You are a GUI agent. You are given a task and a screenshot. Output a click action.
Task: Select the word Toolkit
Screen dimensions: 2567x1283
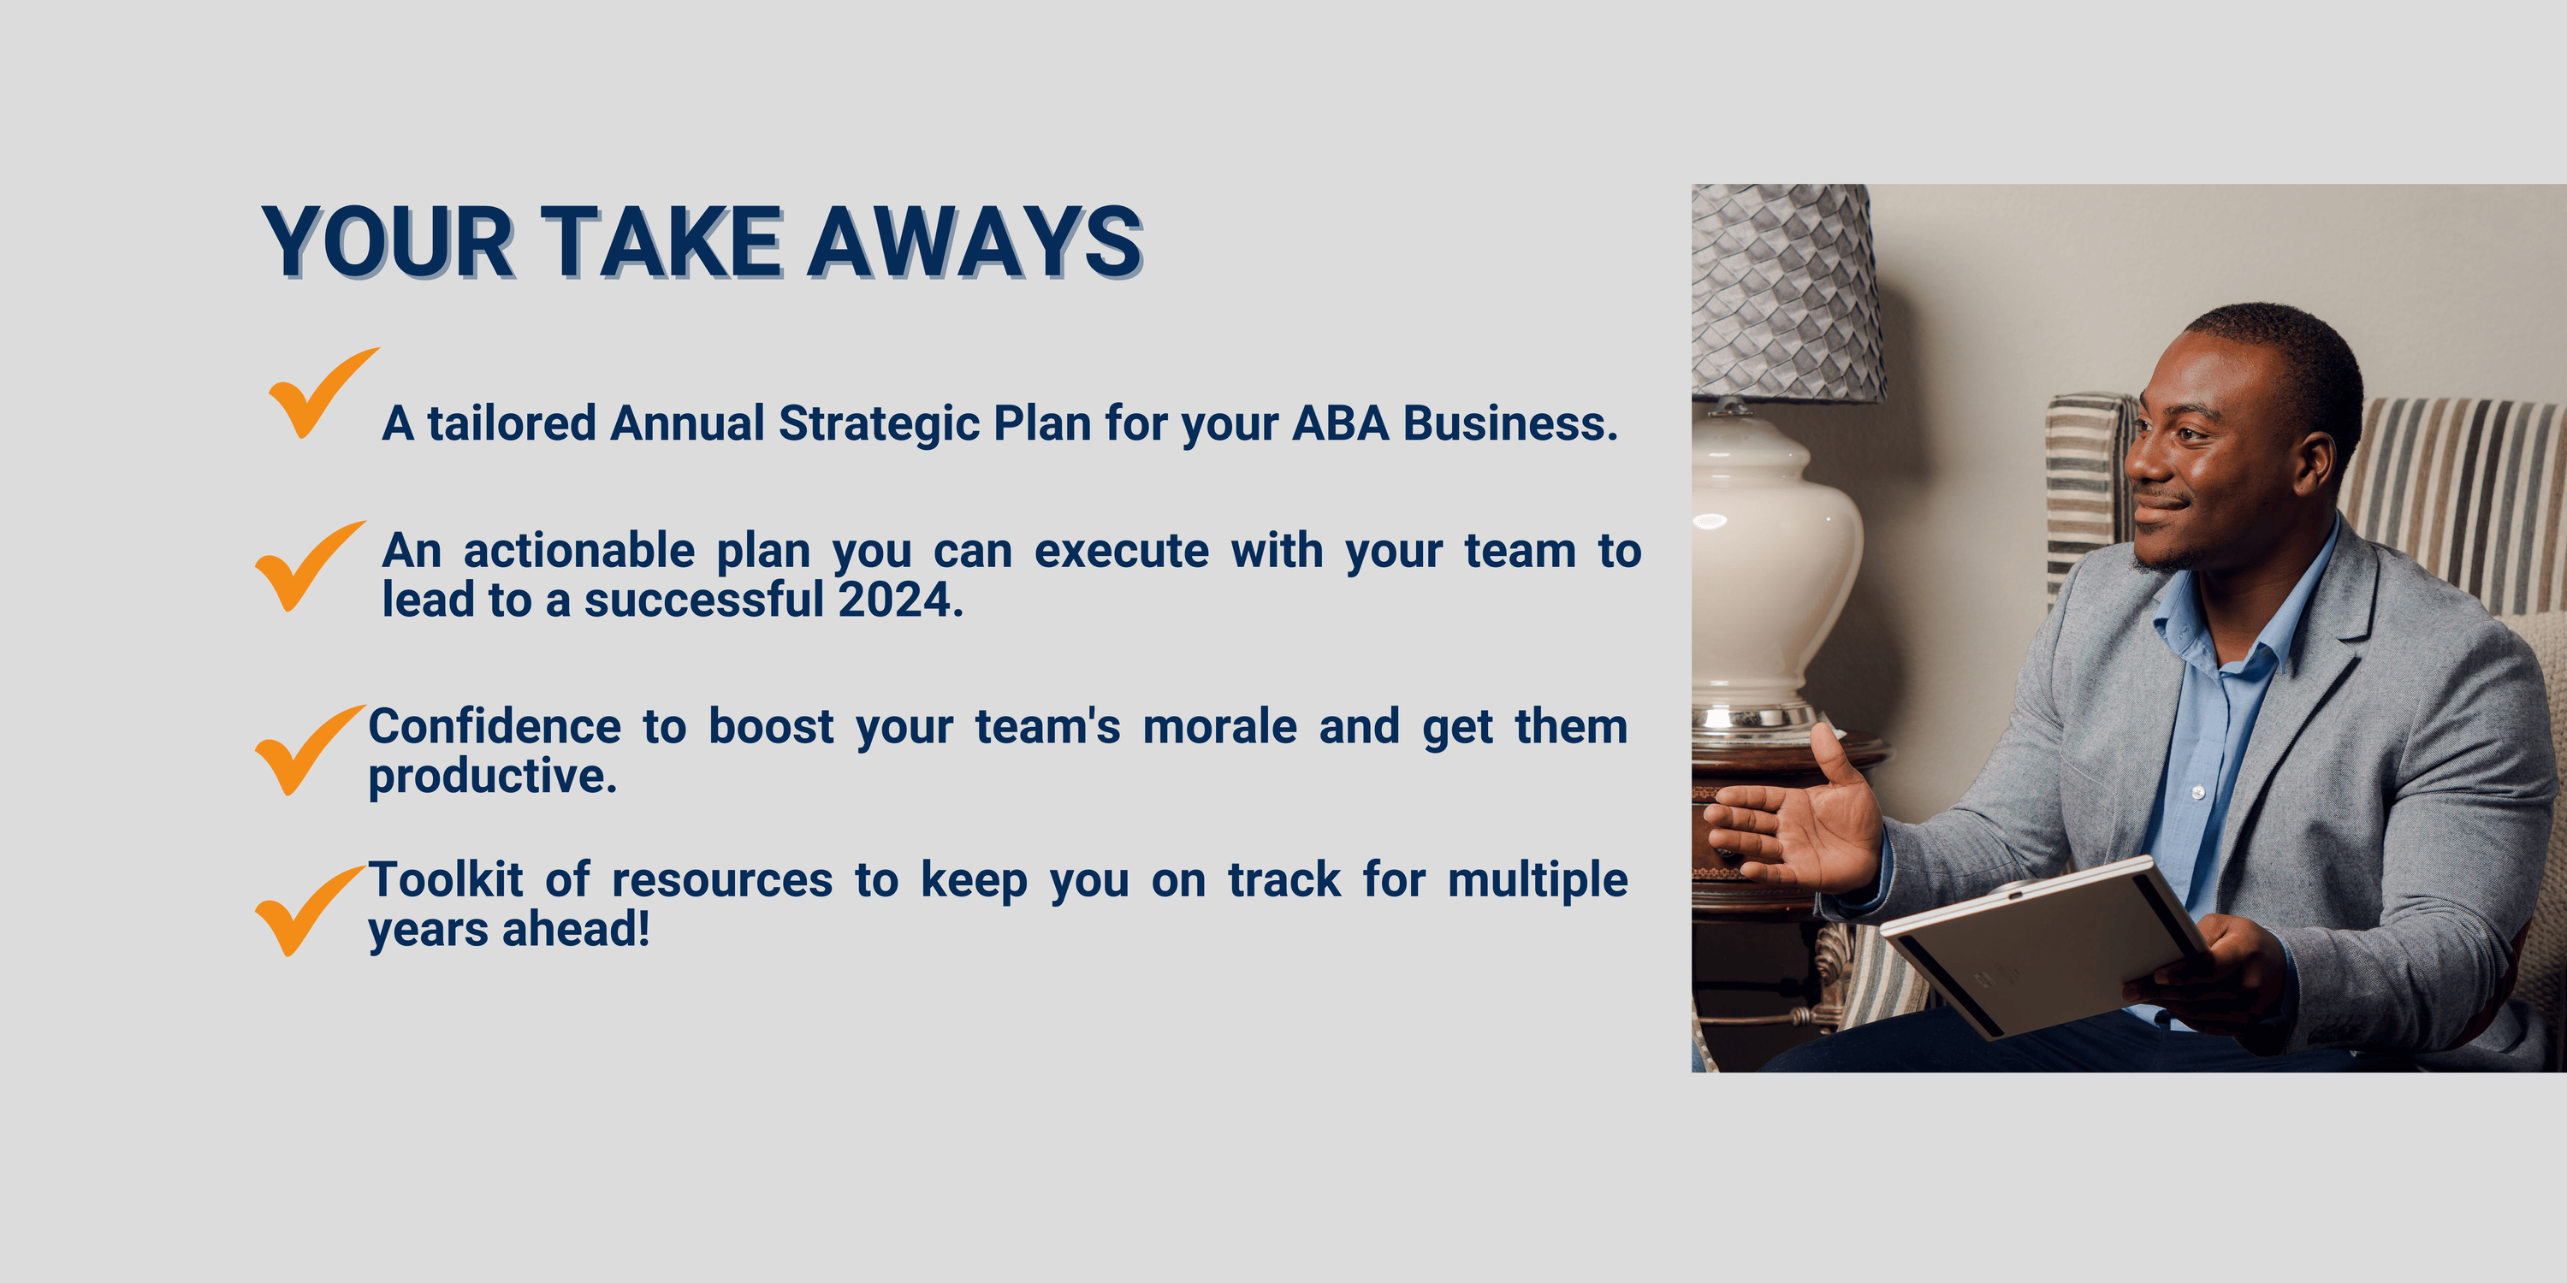(447, 879)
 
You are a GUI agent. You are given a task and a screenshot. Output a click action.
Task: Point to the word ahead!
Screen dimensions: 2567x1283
(576, 930)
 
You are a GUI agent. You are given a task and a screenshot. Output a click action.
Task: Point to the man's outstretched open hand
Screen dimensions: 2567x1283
(1793, 817)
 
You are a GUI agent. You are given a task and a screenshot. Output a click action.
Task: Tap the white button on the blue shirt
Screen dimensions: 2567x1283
(2197, 792)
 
